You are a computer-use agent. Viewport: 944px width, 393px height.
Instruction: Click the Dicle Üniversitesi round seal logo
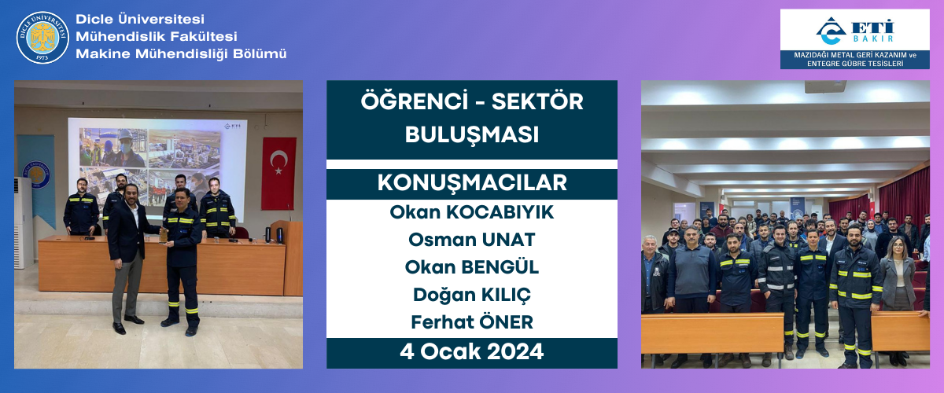42,38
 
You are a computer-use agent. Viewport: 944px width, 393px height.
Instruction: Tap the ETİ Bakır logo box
854,39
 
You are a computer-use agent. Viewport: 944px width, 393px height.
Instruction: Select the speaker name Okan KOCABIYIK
471,212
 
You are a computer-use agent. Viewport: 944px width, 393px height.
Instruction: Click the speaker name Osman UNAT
471,240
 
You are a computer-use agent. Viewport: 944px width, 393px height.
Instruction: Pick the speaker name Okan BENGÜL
471,267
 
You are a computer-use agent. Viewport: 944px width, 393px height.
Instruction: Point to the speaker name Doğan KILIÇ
471,295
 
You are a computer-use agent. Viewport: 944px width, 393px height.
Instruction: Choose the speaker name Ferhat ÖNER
471,322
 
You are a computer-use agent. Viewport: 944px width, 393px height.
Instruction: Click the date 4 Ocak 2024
471,351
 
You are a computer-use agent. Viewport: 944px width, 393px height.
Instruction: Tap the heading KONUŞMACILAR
472,183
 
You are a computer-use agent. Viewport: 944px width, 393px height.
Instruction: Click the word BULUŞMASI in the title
472,134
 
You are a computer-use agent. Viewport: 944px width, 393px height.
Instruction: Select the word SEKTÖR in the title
537,101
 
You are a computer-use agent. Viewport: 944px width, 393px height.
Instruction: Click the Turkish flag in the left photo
278,173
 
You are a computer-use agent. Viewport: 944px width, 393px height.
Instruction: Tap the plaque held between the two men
164,235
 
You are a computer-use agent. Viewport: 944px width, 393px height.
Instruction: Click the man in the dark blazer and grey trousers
127,258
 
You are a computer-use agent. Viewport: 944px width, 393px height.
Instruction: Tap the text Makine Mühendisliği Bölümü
181,54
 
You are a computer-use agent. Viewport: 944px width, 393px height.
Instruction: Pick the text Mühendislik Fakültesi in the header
157,36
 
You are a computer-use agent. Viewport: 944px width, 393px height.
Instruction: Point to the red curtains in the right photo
906,198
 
